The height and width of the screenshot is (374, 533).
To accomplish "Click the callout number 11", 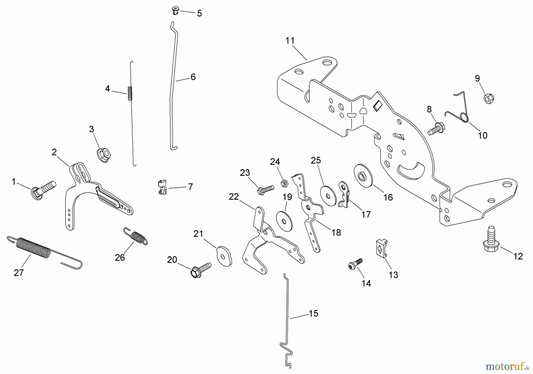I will click(x=290, y=41).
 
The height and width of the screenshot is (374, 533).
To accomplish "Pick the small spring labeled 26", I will click(x=136, y=236).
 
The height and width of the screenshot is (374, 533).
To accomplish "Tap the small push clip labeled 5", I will click(x=176, y=11).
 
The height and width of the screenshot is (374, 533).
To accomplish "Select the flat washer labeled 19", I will click(x=284, y=220).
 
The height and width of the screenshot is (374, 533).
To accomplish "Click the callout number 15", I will click(x=313, y=313).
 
